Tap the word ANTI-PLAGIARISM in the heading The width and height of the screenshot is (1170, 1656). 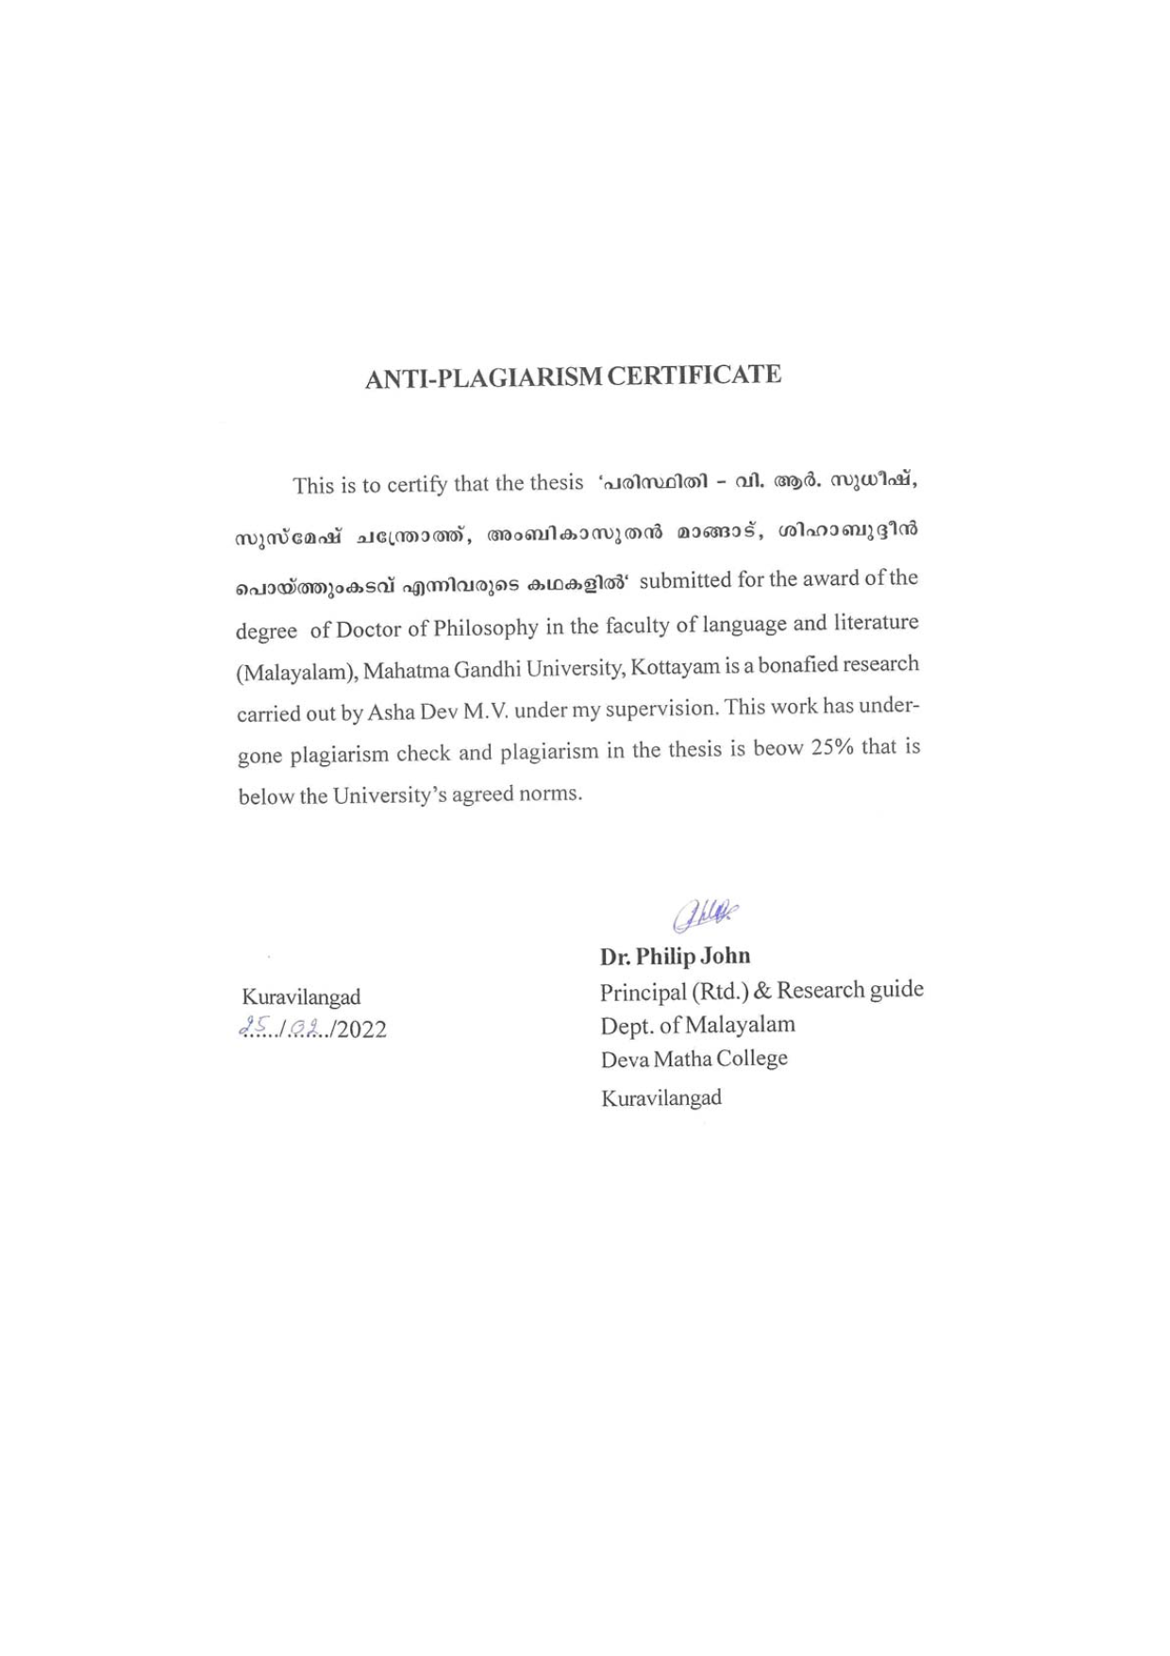tap(482, 377)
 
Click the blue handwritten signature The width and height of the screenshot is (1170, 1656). tap(705, 914)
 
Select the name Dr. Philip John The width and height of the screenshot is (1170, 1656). tap(676, 956)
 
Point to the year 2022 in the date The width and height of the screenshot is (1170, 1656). tap(361, 1029)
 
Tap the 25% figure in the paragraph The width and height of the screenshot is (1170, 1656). tap(832, 747)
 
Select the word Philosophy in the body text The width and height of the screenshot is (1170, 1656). tap(485, 627)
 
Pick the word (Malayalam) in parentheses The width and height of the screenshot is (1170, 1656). tap(295, 673)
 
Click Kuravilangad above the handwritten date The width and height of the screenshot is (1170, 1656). tap(301, 996)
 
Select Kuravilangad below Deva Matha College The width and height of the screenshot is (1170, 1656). tap(661, 1097)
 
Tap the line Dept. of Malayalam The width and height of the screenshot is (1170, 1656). tap(698, 1025)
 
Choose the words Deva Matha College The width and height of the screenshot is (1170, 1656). tap(694, 1059)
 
